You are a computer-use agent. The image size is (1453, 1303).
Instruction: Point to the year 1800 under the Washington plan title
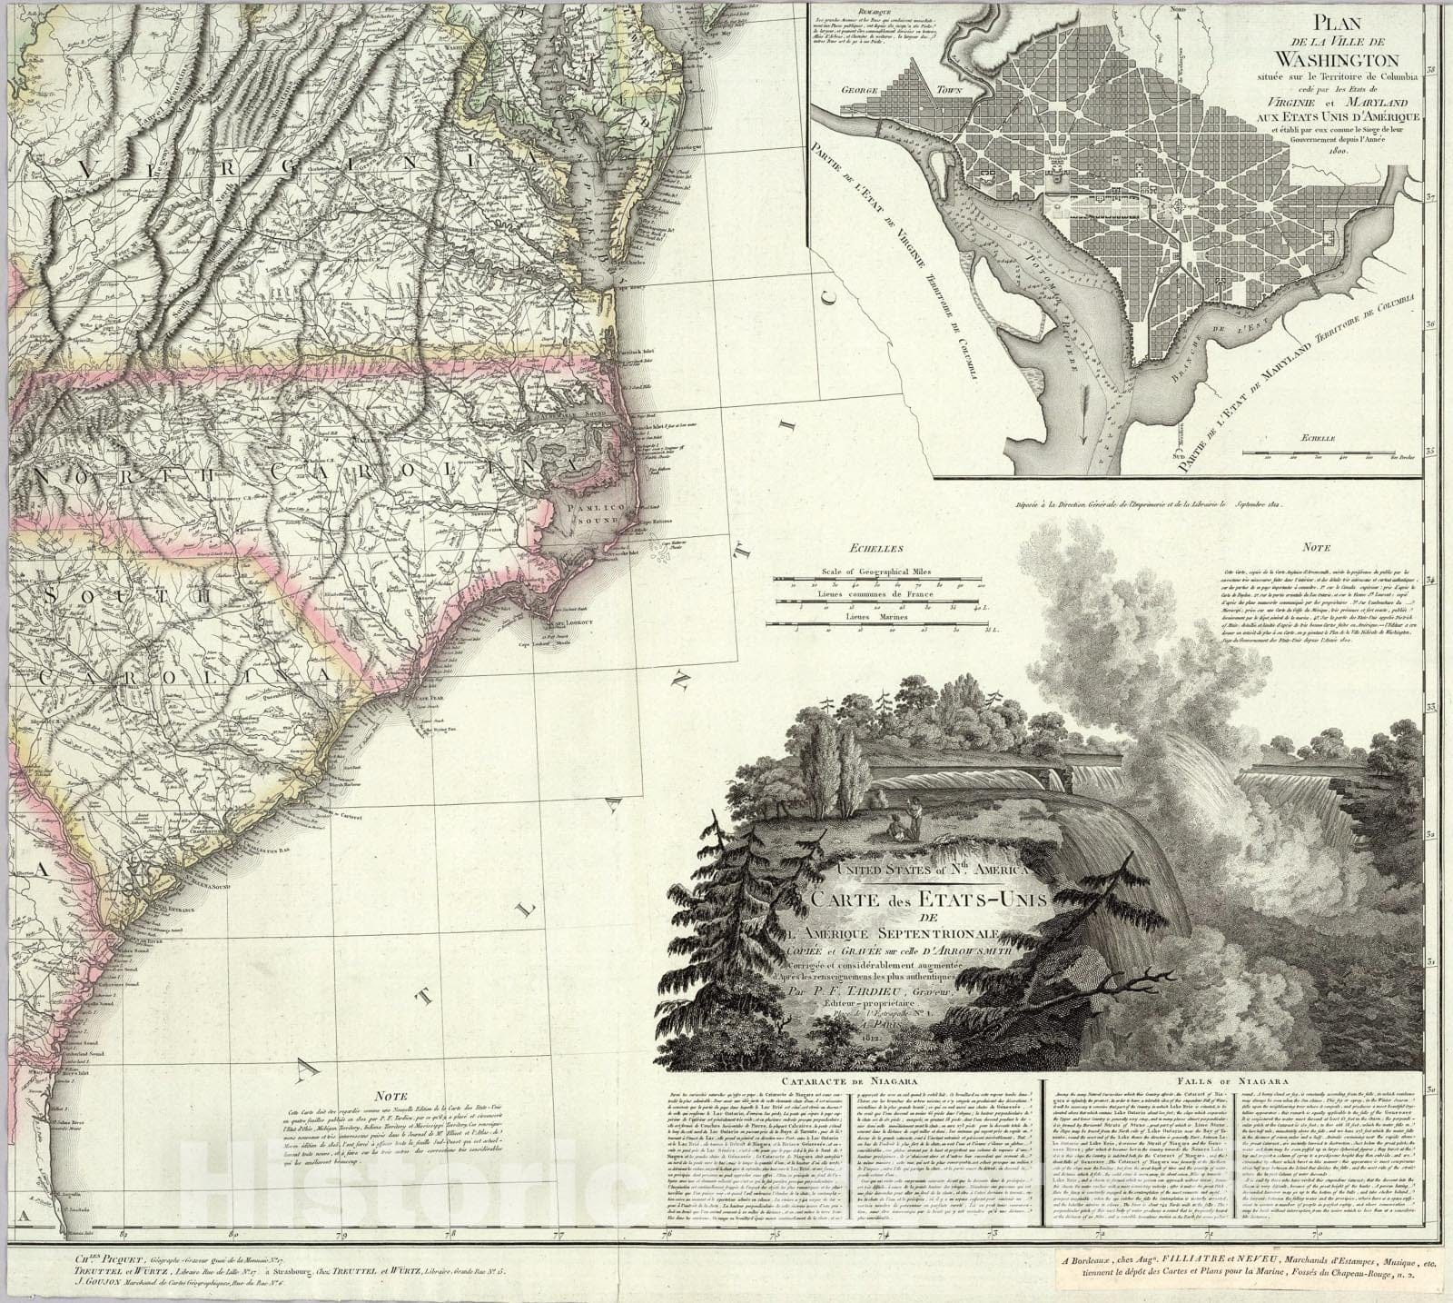[1332, 150]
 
